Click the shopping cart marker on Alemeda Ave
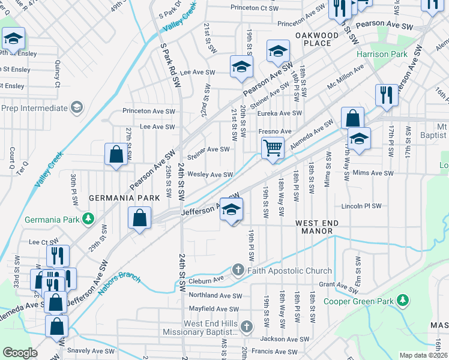(x=273, y=147)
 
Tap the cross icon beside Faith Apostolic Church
(x=238, y=271)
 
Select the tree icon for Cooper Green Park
(x=404, y=299)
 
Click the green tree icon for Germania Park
(x=88, y=218)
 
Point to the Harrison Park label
(x=382, y=54)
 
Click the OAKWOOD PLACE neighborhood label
(x=317, y=39)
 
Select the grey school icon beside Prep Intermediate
(x=76, y=107)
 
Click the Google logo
(x=20, y=353)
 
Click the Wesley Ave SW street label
(x=210, y=175)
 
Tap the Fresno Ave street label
(x=274, y=131)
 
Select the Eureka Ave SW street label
(x=279, y=113)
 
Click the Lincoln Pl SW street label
(x=361, y=206)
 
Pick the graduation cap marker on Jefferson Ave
(x=231, y=209)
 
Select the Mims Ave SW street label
(x=373, y=173)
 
